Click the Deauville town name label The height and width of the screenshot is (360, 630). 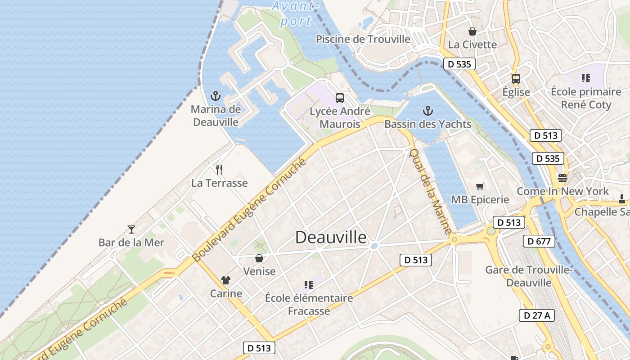[x=331, y=238]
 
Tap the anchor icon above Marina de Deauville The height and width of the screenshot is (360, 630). [x=216, y=96]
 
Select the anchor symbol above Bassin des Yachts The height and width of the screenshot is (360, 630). [x=428, y=110]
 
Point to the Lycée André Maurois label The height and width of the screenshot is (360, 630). [x=340, y=117]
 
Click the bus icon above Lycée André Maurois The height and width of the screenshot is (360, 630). [x=340, y=98]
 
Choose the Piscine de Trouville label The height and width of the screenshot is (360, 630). [x=363, y=39]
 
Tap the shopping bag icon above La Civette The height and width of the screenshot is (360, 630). [x=472, y=31]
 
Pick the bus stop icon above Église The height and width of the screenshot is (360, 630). [x=516, y=79]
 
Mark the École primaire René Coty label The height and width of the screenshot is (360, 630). [x=586, y=98]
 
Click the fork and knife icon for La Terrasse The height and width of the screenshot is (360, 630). [x=219, y=170]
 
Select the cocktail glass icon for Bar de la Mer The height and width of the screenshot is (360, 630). [x=131, y=229]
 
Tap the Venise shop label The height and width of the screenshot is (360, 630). [x=259, y=271]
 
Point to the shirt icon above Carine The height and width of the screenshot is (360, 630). [x=226, y=280]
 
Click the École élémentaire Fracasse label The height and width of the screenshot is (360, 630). [x=309, y=304]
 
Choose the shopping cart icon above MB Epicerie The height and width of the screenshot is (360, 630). [x=480, y=186]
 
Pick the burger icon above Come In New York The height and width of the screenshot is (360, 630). [x=562, y=178]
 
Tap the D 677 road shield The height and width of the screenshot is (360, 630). [x=539, y=241]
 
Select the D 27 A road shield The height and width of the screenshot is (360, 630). [x=537, y=315]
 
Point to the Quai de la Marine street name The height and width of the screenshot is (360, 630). [x=430, y=191]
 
